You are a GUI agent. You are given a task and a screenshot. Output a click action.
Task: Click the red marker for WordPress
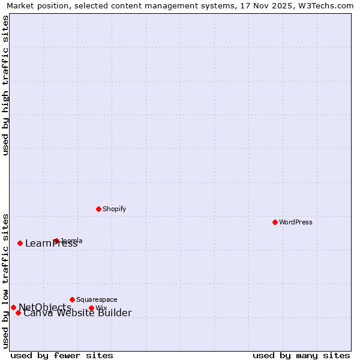click(275, 222)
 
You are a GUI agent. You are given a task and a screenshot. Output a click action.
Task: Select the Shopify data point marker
click(98, 209)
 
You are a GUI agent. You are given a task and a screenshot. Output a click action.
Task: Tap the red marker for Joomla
click(56, 241)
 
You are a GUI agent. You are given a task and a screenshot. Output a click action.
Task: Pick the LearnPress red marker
click(20, 243)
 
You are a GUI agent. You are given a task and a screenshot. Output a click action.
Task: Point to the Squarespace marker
click(72, 299)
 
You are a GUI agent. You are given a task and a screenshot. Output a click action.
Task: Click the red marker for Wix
click(91, 308)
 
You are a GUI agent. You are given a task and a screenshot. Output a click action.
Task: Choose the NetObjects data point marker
click(13, 307)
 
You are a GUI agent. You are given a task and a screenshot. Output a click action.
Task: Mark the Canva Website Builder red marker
click(18, 313)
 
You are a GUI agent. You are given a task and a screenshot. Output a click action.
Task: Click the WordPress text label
click(296, 222)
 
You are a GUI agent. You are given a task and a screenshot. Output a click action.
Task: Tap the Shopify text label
click(114, 209)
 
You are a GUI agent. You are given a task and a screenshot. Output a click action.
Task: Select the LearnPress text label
click(51, 244)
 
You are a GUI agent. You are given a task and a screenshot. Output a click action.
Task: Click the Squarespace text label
click(97, 299)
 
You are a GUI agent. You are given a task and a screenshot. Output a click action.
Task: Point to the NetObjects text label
click(45, 307)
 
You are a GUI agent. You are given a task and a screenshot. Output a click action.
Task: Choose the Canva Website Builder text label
click(77, 313)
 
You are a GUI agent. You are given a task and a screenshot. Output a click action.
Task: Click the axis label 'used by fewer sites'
click(62, 355)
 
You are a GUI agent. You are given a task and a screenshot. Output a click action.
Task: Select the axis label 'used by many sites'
click(301, 355)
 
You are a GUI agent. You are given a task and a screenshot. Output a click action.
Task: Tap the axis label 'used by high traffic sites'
click(5, 85)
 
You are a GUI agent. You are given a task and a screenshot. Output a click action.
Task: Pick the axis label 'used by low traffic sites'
click(5, 281)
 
